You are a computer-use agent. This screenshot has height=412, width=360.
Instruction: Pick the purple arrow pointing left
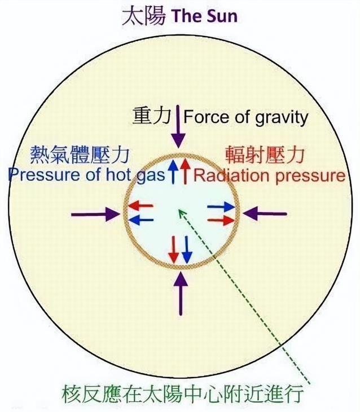coord(265,214)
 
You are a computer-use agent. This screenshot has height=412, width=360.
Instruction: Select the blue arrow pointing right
coord(219,208)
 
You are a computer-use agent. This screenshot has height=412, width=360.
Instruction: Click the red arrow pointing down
coord(175,249)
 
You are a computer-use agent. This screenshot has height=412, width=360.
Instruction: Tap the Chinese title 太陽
coord(144,16)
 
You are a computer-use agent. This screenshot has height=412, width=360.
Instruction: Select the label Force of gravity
coord(247,117)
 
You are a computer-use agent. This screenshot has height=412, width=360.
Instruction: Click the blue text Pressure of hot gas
coord(85,174)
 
